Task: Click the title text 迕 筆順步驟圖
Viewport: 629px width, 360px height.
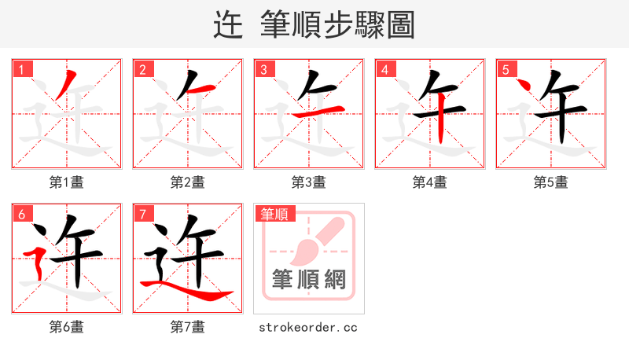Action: tap(314, 24)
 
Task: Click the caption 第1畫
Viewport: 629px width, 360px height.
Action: tap(67, 182)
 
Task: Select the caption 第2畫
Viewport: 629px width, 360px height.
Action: tap(188, 182)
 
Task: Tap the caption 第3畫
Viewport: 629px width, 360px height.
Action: tap(309, 182)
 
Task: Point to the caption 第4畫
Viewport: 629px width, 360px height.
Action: tap(430, 182)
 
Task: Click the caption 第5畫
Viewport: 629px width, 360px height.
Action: tap(551, 182)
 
